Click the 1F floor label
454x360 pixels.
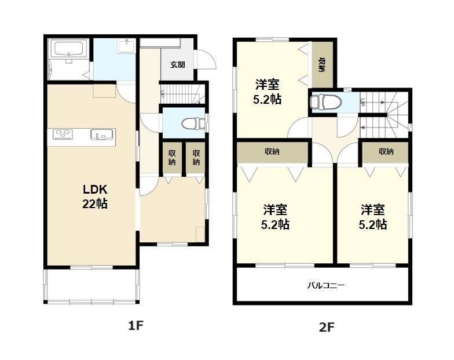point(136,326)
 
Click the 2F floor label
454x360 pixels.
point(327,328)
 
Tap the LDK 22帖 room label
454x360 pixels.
point(95,197)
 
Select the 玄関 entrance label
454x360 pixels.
point(177,64)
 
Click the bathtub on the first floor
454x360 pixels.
point(68,48)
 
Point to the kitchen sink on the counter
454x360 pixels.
point(102,134)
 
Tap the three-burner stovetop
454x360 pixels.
point(63,134)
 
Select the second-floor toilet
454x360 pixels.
point(325,102)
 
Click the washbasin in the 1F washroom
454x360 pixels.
point(126,46)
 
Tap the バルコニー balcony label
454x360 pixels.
point(325,285)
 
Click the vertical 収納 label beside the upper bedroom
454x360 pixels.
point(322,65)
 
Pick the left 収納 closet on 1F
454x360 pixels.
point(172,158)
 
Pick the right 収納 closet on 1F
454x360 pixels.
point(196,158)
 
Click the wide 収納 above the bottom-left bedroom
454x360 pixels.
point(272,151)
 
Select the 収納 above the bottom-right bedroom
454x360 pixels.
point(386,151)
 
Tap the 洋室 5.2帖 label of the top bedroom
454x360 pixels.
point(267,92)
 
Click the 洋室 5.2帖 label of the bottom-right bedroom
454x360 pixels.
point(373,217)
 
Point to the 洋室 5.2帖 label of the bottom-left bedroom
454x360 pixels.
point(275,217)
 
